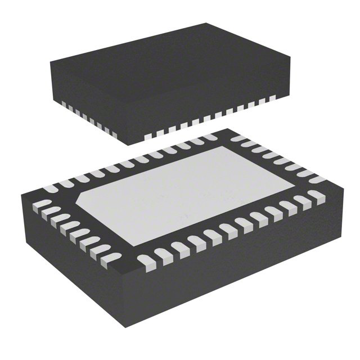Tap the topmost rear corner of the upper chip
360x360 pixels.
coord(206,24)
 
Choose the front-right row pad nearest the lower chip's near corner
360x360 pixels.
coord(147,262)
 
